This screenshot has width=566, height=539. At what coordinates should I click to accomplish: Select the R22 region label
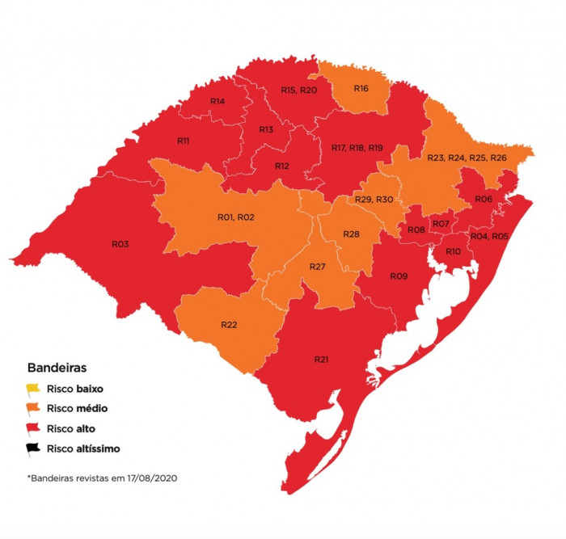pos(230,324)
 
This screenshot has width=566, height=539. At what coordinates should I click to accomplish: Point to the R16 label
pos(361,87)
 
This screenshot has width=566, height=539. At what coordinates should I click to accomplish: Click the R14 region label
pos(218,101)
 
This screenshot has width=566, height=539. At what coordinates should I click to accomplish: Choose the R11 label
pos(184,141)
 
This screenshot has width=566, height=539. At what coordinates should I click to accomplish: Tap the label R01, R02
pos(236,217)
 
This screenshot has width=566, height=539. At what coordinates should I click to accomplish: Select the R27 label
pos(318,266)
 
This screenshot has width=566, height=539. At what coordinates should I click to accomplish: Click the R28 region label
pos(351,234)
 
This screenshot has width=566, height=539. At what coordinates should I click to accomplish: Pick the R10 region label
pos(453,251)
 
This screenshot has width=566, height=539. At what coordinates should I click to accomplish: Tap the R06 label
pos(484,199)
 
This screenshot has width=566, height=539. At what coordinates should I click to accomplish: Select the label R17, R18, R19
pos(357,148)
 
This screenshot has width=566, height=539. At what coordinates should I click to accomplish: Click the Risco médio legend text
pos(77,408)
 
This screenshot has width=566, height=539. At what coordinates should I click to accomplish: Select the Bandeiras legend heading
pos(57,366)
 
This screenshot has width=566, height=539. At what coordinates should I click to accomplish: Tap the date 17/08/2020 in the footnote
pos(149,478)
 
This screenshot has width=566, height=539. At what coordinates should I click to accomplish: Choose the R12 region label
pos(282,166)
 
